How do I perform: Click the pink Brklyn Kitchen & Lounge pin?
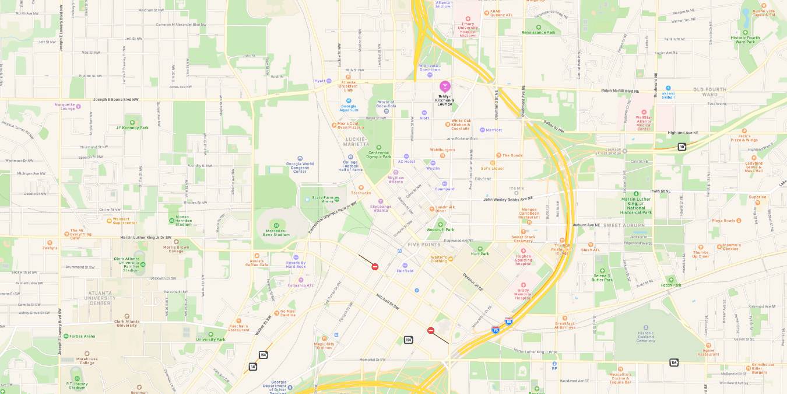point(445,86)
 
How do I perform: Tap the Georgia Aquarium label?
point(349,109)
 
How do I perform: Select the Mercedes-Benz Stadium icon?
point(276,224)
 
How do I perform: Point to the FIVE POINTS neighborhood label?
point(424,244)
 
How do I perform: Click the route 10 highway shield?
point(681,147)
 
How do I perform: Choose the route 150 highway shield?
point(408,340)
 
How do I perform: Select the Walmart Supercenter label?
point(125,221)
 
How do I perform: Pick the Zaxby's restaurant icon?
point(50,242)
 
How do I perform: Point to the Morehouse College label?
point(87,361)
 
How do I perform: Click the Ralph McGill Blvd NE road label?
point(620,90)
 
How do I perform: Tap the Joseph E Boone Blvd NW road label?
point(115,99)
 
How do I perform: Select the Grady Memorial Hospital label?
point(524,295)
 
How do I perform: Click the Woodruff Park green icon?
point(440,224)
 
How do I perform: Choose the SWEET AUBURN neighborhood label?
point(619,225)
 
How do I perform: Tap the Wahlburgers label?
point(442,149)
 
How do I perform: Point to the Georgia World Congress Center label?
point(300,168)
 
